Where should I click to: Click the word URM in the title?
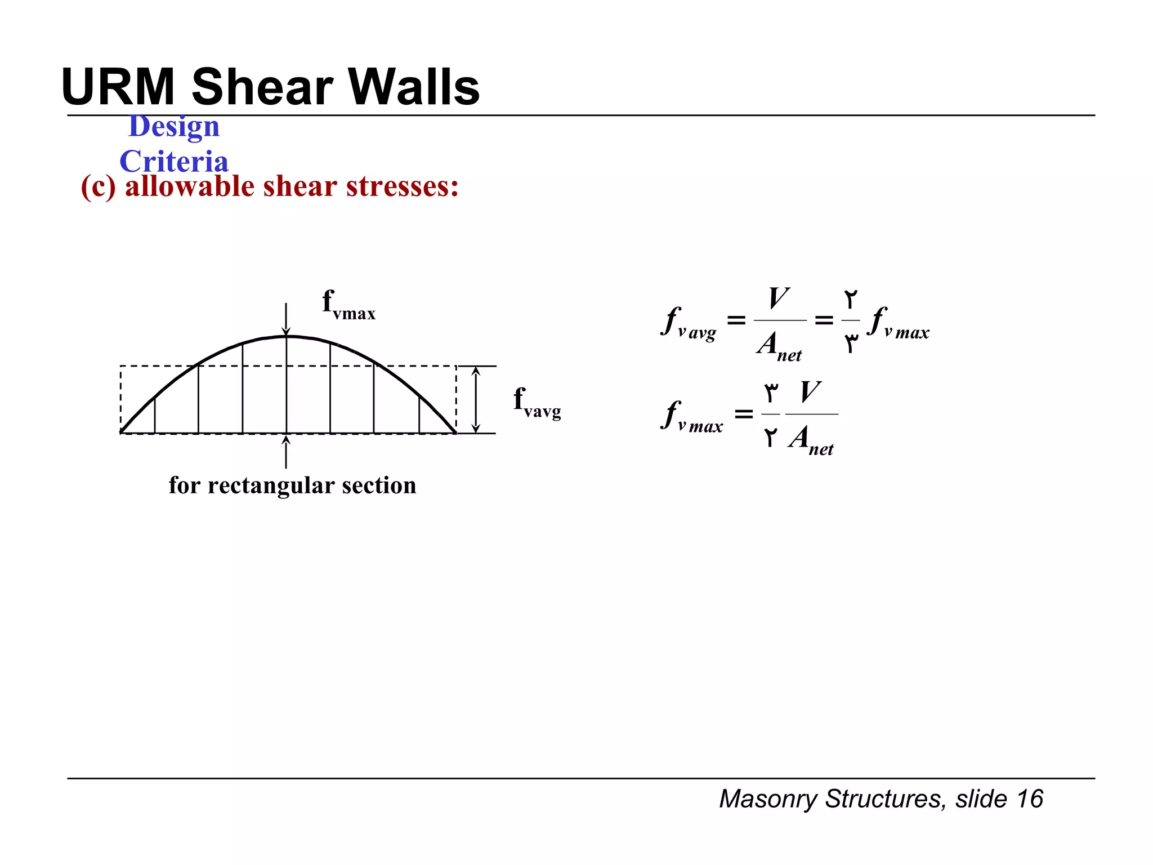(118, 87)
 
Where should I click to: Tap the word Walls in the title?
(414, 87)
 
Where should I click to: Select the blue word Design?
(174, 126)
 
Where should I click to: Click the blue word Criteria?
(174, 162)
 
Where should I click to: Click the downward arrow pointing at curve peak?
(286, 319)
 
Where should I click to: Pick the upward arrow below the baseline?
(286, 452)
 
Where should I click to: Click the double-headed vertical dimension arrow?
(476, 399)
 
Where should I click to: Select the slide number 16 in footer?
(1030, 799)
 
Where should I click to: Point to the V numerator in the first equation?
(779, 298)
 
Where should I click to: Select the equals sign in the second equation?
(744, 414)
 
